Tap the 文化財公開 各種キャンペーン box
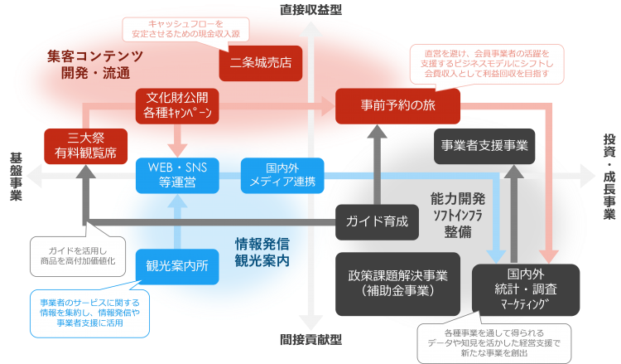pyautogui.click(x=177, y=104)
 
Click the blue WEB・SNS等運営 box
pyautogui.click(x=177, y=174)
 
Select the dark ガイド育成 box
pyautogui.click(x=378, y=221)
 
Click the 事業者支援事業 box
pyautogui.click(x=484, y=145)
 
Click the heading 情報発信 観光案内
pyautogui.click(x=262, y=252)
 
